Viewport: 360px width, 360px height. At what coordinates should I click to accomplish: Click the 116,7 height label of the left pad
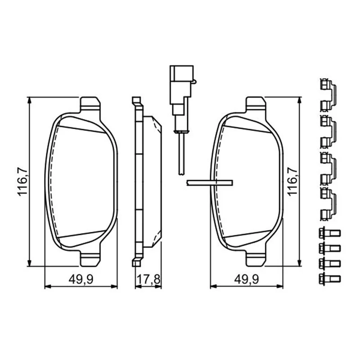tap(23, 181)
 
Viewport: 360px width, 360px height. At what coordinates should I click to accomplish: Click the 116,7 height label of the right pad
tap(292, 181)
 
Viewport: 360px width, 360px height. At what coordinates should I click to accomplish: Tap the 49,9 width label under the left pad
tap(81, 279)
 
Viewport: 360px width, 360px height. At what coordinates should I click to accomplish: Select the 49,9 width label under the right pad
tap(247, 279)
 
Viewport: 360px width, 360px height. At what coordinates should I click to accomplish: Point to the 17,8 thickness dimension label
tap(148, 279)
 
